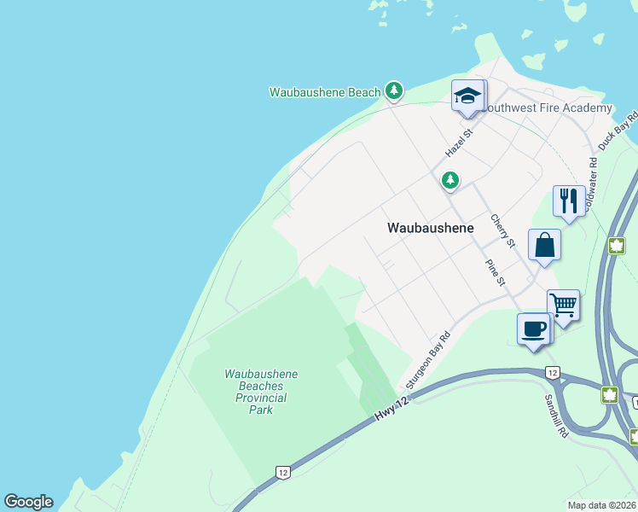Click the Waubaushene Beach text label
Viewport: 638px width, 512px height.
325,92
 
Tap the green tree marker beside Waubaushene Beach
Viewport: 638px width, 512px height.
393,90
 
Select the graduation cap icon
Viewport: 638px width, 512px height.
467,96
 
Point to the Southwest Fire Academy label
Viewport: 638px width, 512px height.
547,108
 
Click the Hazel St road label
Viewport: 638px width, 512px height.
458,140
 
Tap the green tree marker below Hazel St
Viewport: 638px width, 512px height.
449,180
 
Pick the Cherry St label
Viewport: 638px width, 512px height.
502,230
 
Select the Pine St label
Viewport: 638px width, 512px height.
496,273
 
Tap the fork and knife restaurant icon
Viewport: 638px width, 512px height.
568,201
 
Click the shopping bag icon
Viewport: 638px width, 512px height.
544,245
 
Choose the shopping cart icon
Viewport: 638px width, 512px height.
563,305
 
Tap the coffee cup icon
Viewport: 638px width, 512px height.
534,329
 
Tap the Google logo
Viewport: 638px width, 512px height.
28,502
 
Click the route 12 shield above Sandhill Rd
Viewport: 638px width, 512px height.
553,373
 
